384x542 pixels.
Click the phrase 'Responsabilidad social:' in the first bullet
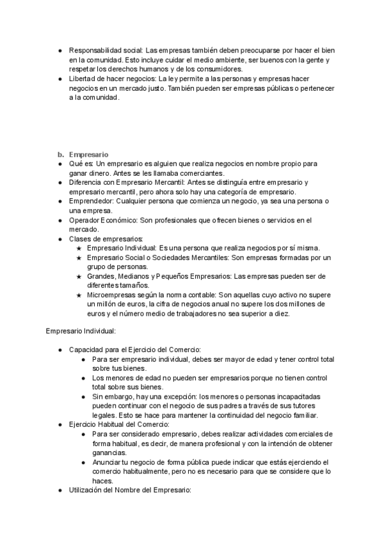click(x=106, y=50)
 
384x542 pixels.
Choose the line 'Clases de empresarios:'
click(x=106, y=239)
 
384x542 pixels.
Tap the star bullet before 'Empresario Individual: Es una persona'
click(x=79, y=249)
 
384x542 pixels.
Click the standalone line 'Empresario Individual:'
click(x=81, y=331)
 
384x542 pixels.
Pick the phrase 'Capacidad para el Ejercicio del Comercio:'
click(x=134, y=350)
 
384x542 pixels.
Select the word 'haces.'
click(x=102, y=481)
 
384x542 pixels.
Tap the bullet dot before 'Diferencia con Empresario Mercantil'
click(x=60, y=183)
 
